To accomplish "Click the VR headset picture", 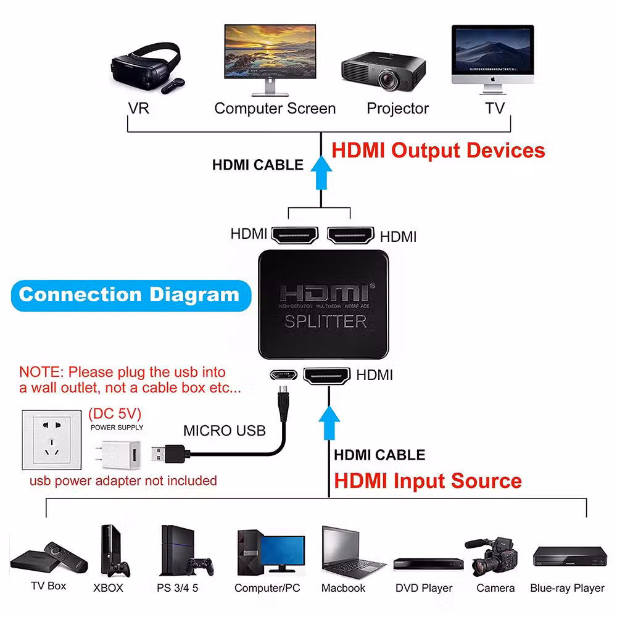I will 146,67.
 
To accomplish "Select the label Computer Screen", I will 275,109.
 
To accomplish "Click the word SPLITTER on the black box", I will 325,321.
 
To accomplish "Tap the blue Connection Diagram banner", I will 129,294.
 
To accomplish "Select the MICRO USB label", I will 225,430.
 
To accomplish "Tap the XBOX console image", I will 112,550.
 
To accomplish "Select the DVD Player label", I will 424,588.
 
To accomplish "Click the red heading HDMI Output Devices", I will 438,151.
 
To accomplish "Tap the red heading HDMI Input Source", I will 428,481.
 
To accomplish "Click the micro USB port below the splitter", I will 281,375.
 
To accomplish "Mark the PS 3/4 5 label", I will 178,588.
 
